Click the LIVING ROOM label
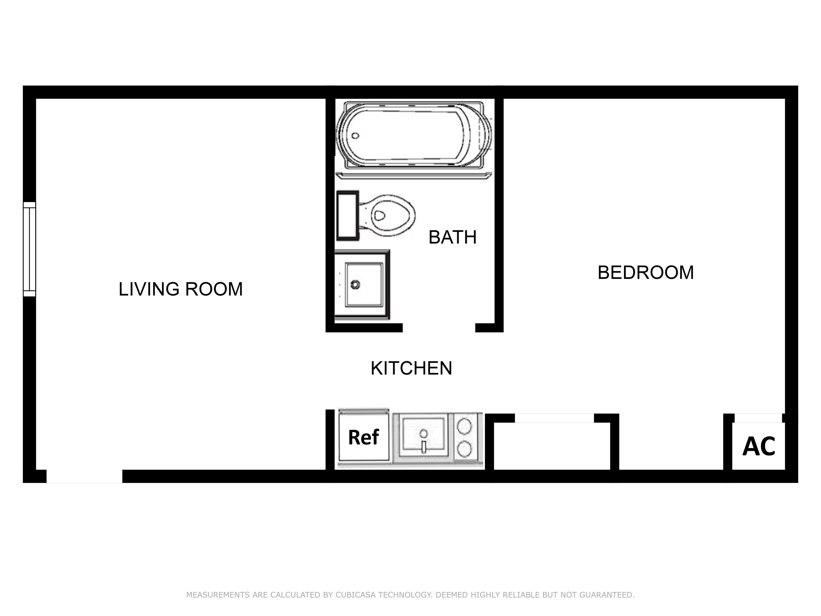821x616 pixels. [x=180, y=289]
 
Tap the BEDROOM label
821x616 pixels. [x=645, y=272]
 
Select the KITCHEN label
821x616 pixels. [x=411, y=368]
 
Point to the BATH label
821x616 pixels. [x=452, y=237]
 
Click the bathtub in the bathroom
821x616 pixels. [x=413, y=135]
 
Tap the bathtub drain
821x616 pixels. [x=355, y=136]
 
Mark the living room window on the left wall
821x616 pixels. [x=29, y=249]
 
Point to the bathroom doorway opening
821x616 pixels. [x=439, y=328]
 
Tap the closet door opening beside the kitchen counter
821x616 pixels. [x=554, y=418]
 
